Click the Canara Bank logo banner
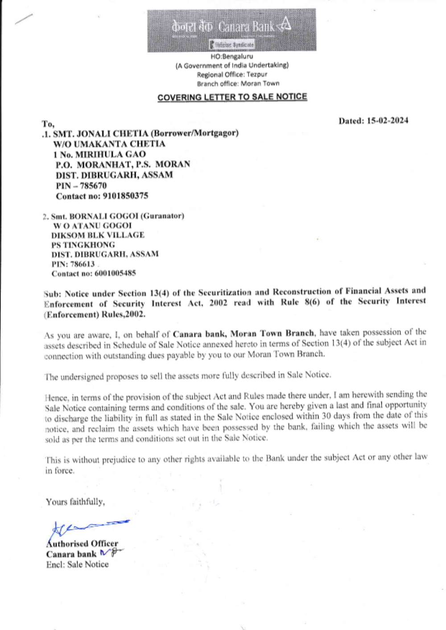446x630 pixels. pos(231,30)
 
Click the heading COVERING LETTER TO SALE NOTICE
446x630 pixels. pos(232,97)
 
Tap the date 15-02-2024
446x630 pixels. pos(387,120)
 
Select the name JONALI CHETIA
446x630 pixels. pos(112,133)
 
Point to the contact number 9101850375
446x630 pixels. pos(125,196)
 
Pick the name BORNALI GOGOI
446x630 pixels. pos(103,216)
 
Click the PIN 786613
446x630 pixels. pos(83,264)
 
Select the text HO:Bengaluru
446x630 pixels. pos(231,57)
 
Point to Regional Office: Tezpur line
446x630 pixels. pos(232,74)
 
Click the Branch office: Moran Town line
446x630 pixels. pos(238,83)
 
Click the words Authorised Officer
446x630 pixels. pos(82,544)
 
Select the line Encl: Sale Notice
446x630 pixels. pos(77,564)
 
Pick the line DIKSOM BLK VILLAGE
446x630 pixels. pos(98,235)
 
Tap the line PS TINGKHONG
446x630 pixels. pos(83,245)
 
